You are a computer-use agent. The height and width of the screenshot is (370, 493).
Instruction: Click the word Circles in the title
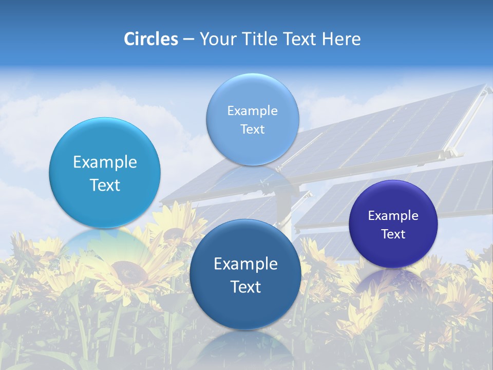(151, 39)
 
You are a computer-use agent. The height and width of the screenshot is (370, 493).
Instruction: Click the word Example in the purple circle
(393, 216)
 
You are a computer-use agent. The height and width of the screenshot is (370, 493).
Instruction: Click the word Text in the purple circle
(393, 234)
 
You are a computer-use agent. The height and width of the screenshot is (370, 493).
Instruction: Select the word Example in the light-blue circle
(105, 162)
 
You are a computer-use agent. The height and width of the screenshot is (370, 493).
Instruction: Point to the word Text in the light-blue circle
(105, 185)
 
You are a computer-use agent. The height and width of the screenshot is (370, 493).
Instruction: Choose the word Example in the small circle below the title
(252, 111)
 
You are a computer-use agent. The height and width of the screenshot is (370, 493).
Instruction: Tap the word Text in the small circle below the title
(252, 129)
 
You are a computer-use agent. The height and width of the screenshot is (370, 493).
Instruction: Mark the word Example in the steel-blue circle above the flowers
(245, 264)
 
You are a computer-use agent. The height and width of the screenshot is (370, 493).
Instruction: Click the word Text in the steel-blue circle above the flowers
(245, 287)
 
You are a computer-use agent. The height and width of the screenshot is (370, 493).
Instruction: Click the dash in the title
(188, 40)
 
